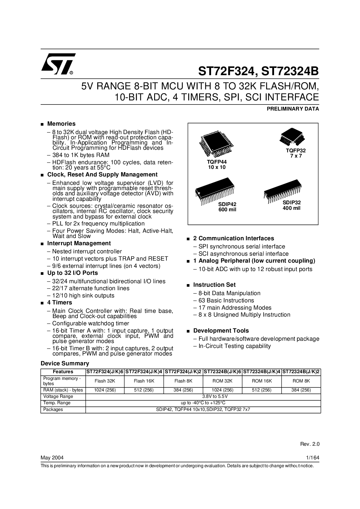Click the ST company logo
tap(58, 64)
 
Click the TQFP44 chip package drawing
tap(216, 144)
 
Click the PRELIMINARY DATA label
tap(292, 109)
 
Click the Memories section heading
tap(61, 124)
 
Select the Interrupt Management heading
tap(79, 243)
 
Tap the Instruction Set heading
tap(214, 285)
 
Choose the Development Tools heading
tap(221, 331)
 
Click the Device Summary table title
tap(65, 363)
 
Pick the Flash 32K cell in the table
tap(105, 381)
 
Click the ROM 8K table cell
tap(301, 381)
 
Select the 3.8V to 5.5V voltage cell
tap(203, 396)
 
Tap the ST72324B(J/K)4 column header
tap(262, 371)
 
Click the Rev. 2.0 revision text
tap(309, 444)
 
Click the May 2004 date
tap(52, 458)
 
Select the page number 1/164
tap(312, 458)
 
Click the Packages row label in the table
tap(53, 409)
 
